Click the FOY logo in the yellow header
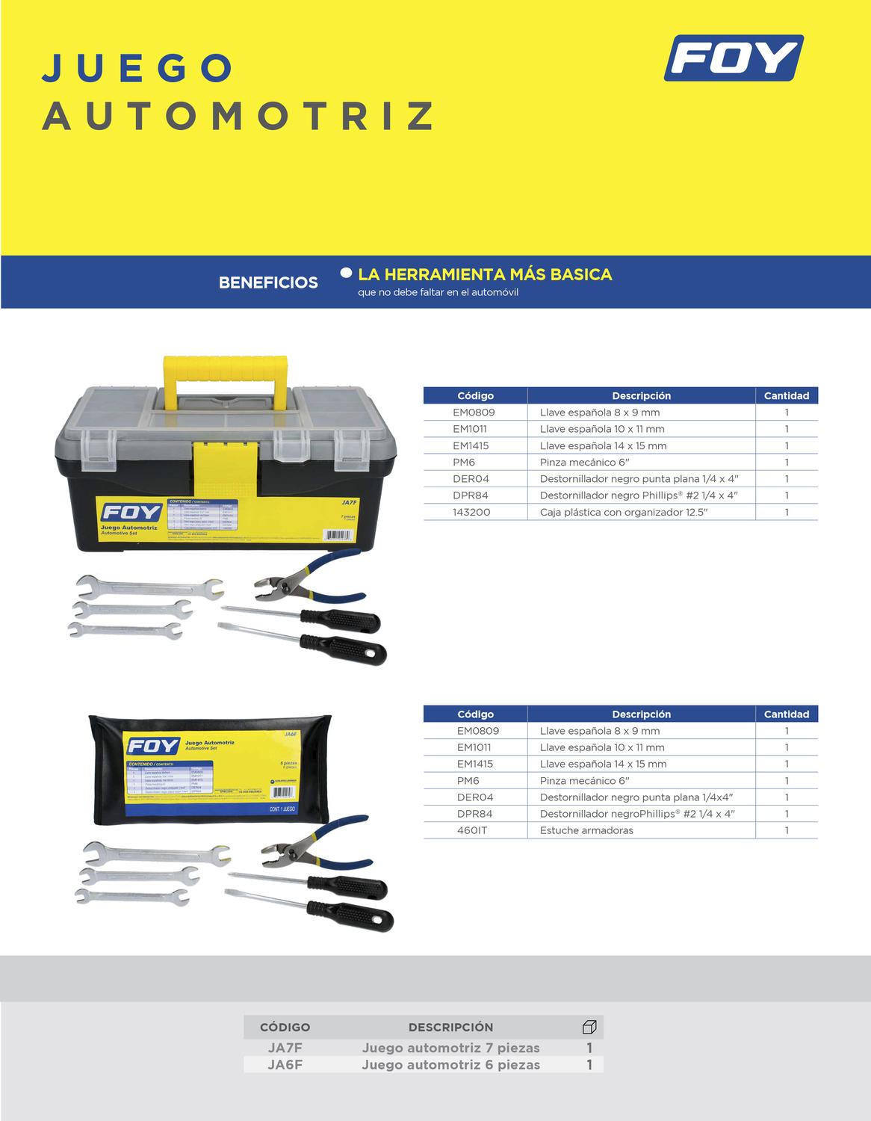pyautogui.click(x=733, y=58)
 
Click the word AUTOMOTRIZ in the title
pyautogui.click(x=238, y=116)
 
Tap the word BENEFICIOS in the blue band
pyautogui.click(x=268, y=282)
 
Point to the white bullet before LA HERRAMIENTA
pyautogui.click(x=346, y=273)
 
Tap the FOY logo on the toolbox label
pyautogui.click(x=131, y=512)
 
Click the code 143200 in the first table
pyautogui.click(x=472, y=512)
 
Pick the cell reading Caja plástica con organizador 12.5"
pyautogui.click(x=623, y=512)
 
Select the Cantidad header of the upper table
pyautogui.click(x=786, y=395)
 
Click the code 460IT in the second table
pyautogui.click(x=472, y=830)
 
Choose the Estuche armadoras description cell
pyautogui.click(x=586, y=830)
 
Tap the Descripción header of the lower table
pyautogui.click(x=641, y=714)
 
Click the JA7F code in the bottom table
pyautogui.click(x=285, y=1048)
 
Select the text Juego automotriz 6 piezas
pyautogui.click(x=450, y=1065)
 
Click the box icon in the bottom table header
pyautogui.click(x=589, y=1027)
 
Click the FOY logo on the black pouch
pyautogui.click(x=153, y=746)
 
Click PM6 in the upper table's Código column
pyautogui.click(x=464, y=462)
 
